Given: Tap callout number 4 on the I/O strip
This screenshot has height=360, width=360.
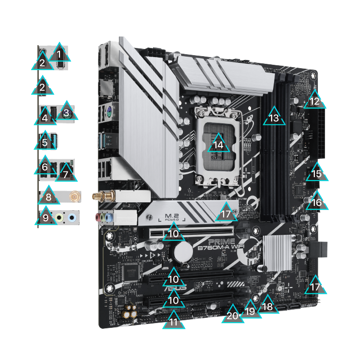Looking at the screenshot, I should [x=45, y=117].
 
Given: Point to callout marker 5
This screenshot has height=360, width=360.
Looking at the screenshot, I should [x=45, y=142].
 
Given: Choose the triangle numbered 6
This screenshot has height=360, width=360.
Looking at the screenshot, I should [x=45, y=167].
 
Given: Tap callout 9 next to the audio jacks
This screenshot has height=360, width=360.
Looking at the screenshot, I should [x=46, y=217].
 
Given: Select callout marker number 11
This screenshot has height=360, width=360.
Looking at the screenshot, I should [x=174, y=321].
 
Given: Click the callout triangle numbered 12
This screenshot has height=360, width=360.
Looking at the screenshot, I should [x=314, y=101].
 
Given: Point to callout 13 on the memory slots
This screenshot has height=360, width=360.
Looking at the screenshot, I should [x=274, y=117].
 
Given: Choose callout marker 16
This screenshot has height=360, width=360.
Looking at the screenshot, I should [x=316, y=202].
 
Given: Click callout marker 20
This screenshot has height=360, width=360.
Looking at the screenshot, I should [x=233, y=314].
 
